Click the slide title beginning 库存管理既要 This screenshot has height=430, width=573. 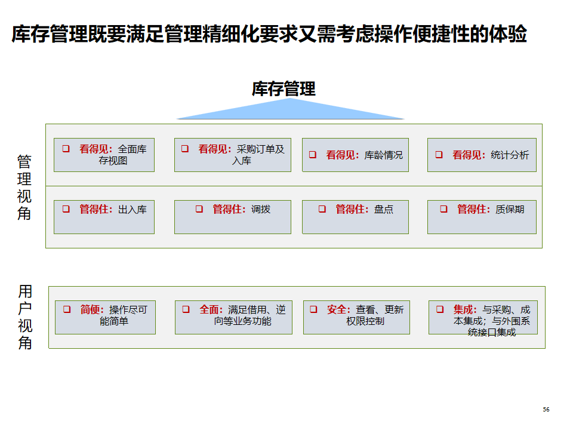pyautogui.click(x=269, y=34)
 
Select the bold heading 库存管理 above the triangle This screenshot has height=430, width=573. pyautogui.click(x=284, y=89)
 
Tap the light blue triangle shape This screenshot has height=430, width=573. pyautogui.click(x=291, y=110)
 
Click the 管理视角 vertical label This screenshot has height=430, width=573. pyautogui.click(x=24, y=187)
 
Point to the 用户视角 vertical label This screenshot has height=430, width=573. pyautogui.click(x=25, y=317)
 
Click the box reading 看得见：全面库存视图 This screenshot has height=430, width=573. pyautogui.click(x=104, y=155)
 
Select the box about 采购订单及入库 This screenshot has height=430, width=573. pyautogui.click(x=233, y=155)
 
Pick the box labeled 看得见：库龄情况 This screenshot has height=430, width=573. pyautogui.click(x=356, y=155)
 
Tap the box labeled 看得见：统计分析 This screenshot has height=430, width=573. pyautogui.click(x=482, y=155)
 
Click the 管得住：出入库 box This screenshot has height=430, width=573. pyautogui.click(x=104, y=217)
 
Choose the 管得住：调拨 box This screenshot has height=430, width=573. pyautogui.click(x=233, y=217)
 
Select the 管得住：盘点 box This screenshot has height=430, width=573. pyautogui.click(x=356, y=217)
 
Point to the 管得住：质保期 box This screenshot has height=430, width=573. pyautogui.click(x=482, y=217)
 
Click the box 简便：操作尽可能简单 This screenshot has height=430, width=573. pyautogui.click(x=105, y=317)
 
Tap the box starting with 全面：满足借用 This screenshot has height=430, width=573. pyautogui.click(x=233, y=317)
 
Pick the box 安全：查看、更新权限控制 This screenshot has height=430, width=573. pyautogui.click(x=356, y=317)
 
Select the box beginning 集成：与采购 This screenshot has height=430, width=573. pyautogui.click(x=483, y=317)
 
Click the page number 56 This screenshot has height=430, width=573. pyautogui.click(x=546, y=410)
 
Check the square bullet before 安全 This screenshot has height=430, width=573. pyautogui.click(x=313, y=309)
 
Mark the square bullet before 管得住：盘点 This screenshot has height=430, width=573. pyautogui.click(x=322, y=209)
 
